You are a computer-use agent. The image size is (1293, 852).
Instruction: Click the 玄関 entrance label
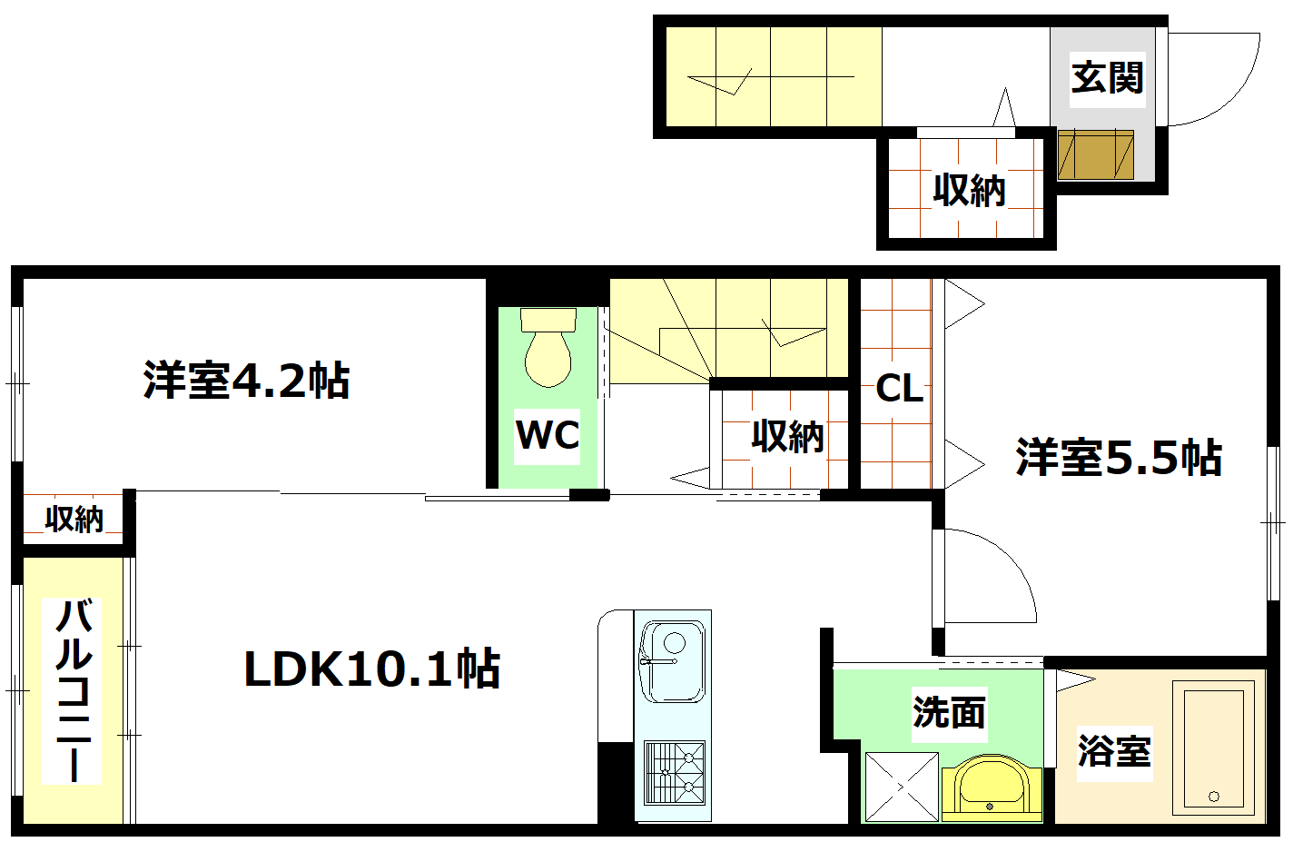tap(1106, 77)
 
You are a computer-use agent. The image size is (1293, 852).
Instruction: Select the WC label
tap(548, 434)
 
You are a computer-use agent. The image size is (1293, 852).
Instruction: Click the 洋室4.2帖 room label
tap(246, 381)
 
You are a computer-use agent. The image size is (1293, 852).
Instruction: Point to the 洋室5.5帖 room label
tap(1119, 457)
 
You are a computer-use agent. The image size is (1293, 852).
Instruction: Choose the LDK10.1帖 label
tap(371, 669)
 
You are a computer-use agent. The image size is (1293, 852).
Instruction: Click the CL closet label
tap(899, 389)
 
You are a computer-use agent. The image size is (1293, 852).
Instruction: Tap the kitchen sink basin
tap(673, 661)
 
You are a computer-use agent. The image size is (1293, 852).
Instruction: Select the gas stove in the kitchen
tap(675, 773)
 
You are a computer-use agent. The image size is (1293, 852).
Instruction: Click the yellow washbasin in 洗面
tap(991, 787)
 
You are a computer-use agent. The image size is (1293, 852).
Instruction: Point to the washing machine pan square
tap(901, 787)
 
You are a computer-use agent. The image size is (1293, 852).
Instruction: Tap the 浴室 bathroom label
tap(1114, 751)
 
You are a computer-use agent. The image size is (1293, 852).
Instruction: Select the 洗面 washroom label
tap(949, 712)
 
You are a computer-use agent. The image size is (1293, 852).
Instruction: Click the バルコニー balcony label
tap(74, 690)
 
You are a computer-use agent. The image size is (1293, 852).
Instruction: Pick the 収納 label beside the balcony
tap(74, 519)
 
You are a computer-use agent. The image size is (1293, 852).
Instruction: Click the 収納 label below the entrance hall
tap(969, 191)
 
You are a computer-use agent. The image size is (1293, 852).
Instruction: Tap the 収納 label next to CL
tap(787, 437)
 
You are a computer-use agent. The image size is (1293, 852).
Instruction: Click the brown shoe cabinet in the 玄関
tap(1095, 155)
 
